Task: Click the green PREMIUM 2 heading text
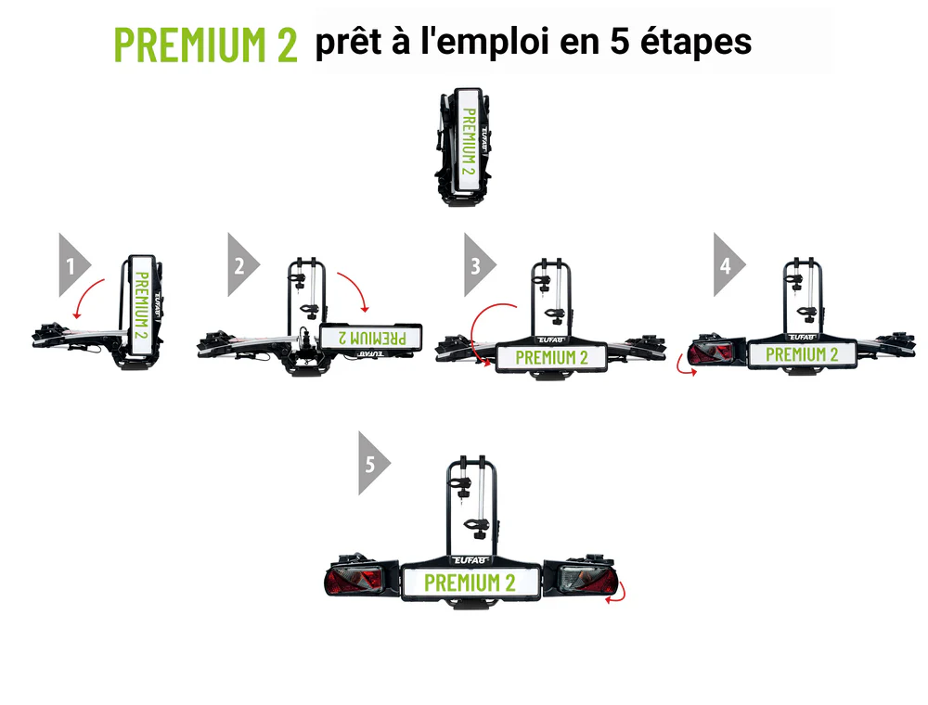[x=205, y=45]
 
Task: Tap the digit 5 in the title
[x=619, y=42]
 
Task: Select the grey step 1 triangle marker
[x=74, y=265]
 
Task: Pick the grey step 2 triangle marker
[x=243, y=265]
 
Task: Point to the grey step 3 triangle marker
[x=480, y=265]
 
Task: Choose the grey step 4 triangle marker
[x=729, y=265]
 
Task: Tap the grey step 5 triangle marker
[x=374, y=463]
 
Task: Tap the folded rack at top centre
[x=465, y=147]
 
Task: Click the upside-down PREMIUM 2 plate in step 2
[x=371, y=338]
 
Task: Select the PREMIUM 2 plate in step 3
[x=551, y=357]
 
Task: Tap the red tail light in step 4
[x=712, y=354]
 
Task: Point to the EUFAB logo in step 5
[x=471, y=559]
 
